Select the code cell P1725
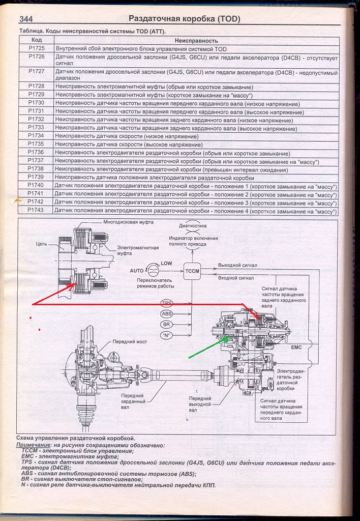pyautogui.click(x=36, y=49)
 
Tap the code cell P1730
pyautogui.click(x=36, y=103)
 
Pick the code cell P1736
pyautogui.click(x=36, y=153)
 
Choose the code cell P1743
pyautogui.click(x=36, y=210)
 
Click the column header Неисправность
pyautogui.click(x=196, y=40)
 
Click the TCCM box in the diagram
pyautogui.click(x=192, y=270)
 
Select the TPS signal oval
pyautogui.click(x=167, y=303)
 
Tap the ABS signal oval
pyautogui.click(x=167, y=314)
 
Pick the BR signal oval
pyautogui.click(x=167, y=324)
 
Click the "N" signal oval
pyautogui.click(x=167, y=335)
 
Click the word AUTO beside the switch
pyautogui.click(x=137, y=271)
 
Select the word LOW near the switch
pyautogui.click(x=166, y=264)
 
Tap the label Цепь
pyautogui.click(x=42, y=244)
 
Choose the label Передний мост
pyautogui.click(x=130, y=342)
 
